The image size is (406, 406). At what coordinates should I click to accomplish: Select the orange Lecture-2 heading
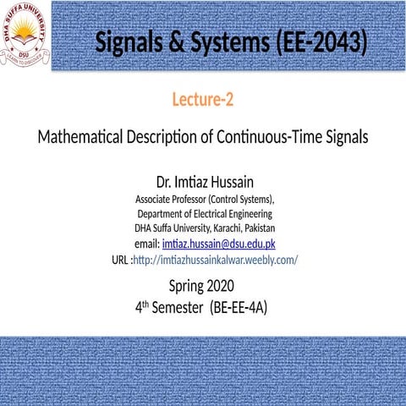203,101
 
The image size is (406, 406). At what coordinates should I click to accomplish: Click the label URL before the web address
120,259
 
